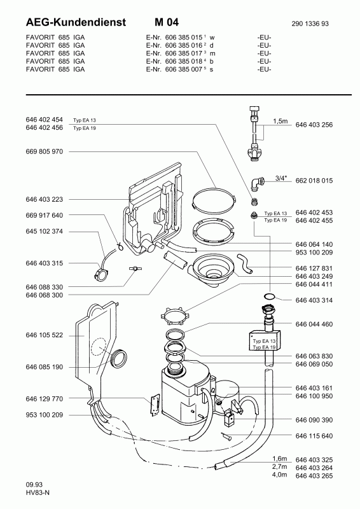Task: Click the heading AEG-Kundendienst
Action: pyautogui.click(x=76, y=22)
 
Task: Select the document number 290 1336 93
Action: pyautogui.click(x=310, y=24)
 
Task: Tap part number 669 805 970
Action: pyautogui.click(x=44, y=151)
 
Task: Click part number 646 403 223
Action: pyautogui.click(x=44, y=199)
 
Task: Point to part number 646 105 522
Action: pyautogui.click(x=44, y=335)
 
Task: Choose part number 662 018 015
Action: pyautogui.click(x=314, y=181)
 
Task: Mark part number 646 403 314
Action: pyautogui.click(x=314, y=300)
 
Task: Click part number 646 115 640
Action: pyautogui.click(x=314, y=436)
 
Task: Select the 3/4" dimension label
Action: pyautogui.click(x=281, y=178)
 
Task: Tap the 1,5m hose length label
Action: pyautogui.click(x=280, y=121)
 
